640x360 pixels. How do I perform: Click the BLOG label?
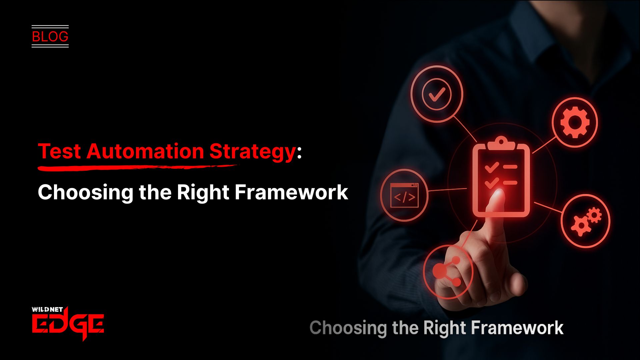pyautogui.click(x=50, y=36)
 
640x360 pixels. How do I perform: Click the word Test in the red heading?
pyautogui.click(x=59, y=152)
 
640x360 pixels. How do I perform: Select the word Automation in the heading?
pyautogui.click(x=145, y=152)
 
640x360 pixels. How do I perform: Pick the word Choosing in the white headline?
pyautogui.click(x=85, y=193)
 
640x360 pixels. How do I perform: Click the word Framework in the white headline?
pyautogui.click(x=291, y=192)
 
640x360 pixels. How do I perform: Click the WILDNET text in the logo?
pyautogui.click(x=47, y=309)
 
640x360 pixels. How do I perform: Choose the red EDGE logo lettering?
pyautogui.click(x=68, y=324)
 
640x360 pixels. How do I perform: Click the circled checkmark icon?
pyautogui.click(x=437, y=94)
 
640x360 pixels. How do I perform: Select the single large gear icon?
pyautogui.click(x=575, y=122)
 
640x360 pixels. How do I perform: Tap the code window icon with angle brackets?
pyautogui.click(x=404, y=196)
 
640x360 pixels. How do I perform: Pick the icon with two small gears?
pyautogui.click(x=586, y=221)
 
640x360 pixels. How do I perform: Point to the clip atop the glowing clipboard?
pyautogui.click(x=501, y=143)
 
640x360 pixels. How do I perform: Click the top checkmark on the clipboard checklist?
pyautogui.click(x=491, y=167)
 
